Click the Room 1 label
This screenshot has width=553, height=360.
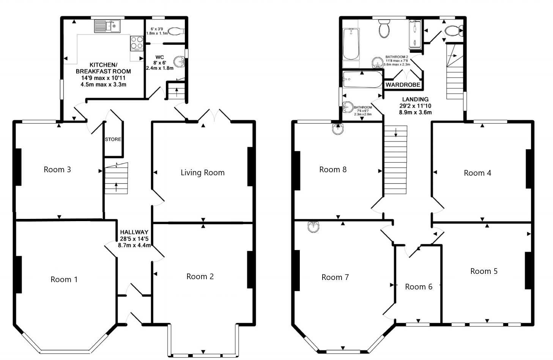pos(64,279)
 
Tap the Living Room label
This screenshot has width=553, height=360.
pos(202,173)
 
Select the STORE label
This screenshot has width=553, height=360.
pos(113,140)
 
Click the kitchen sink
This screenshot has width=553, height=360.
pos(107,26)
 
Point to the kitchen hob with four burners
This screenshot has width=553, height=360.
pos(137,43)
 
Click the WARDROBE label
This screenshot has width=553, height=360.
pos(403,85)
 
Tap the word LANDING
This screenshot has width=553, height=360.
pos(415,99)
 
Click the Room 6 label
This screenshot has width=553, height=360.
pos(419,287)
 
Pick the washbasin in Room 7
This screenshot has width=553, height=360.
pos(314,226)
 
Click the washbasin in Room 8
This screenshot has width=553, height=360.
pos(338,129)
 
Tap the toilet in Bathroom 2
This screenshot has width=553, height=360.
pos(384,29)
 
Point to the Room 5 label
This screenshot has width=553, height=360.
pos(484,271)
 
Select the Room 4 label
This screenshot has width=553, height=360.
pos(477,173)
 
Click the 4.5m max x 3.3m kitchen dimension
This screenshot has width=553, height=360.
pos(104,84)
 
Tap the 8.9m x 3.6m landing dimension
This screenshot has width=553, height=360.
pos(416,112)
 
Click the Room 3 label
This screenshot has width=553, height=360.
pos(57,170)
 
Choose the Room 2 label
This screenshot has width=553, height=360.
pos(200,277)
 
